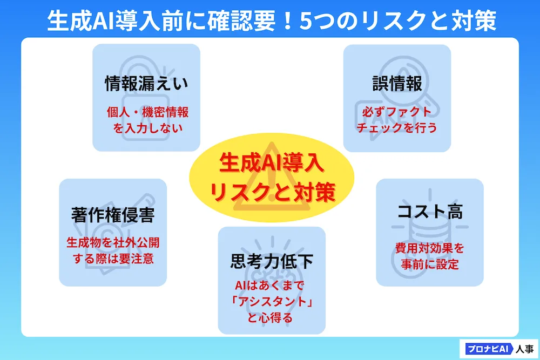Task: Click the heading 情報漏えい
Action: pyautogui.click(x=146, y=84)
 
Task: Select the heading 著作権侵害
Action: pyautogui.click(x=113, y=215)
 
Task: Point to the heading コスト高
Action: pyautogui.click(x=430, y=211)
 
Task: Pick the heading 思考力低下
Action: pyautogui.click(x=272, y=261)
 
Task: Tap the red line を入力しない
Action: pyautogui.click(x=147, y=128)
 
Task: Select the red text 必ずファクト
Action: pyautogui.click(x=397, y=112)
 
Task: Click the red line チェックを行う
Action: pyautogui.click(x=397, y=128)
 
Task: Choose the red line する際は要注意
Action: pyautogui.click(x=113, y=258)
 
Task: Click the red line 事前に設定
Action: pyautogui.click(x=430, y=264)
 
